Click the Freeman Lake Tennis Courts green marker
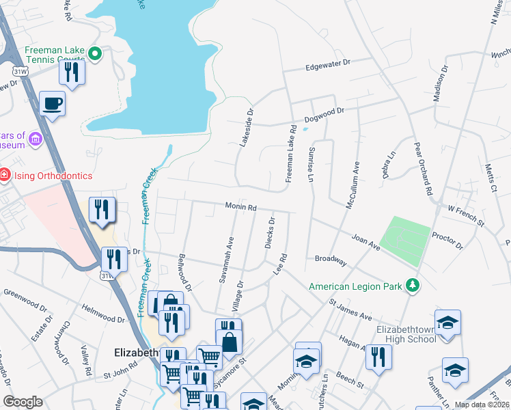(96, 53)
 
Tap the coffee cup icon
(52, 104)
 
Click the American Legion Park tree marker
(412, 284)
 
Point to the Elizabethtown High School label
(406, 333)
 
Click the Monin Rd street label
(241, 206)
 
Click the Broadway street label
(331, 260)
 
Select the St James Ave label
(350, 308)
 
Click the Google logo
(23, 401)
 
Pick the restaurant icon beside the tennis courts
(72, 72)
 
